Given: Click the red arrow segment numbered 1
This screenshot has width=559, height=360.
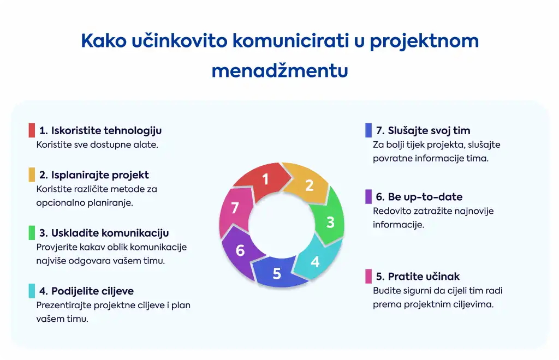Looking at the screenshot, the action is click(x=264, y=181).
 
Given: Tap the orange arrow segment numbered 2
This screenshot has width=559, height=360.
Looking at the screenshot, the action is click(x=307, y=184).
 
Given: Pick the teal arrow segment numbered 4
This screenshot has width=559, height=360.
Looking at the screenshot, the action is click(x=316, y=259).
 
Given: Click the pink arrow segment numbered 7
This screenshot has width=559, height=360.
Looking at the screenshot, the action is click(x=234, y=209).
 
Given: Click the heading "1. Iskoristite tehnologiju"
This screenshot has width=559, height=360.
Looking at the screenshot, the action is click(x=100, y=131).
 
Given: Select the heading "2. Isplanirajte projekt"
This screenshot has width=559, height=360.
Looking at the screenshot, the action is click(x=94, y=175).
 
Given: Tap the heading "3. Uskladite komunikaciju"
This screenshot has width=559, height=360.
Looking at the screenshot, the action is click(x=104, y=233).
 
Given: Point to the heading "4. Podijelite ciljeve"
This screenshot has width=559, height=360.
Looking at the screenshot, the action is click(x=87, y=291).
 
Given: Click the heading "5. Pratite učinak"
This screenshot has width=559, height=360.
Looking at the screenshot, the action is click(x=418, y=277).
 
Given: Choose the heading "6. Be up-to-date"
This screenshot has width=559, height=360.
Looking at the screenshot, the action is click(x=419, y=196).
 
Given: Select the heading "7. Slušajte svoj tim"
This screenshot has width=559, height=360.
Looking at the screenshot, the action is click(x=423, y=131).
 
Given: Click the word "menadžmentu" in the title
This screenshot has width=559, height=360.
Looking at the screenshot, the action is click(x=280, y=70).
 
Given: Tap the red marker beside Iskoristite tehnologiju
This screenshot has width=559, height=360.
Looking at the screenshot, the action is click(x=32, y=130).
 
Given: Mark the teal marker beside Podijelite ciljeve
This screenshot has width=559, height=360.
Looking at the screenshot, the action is click(x=32, y=291).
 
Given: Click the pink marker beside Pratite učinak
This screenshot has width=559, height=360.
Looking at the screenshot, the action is click(x=368, y=277).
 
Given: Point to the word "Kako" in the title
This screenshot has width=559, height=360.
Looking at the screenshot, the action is click(x=104, y=40).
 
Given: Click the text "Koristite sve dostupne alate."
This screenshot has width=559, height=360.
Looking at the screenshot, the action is click(x=97, y=145).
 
